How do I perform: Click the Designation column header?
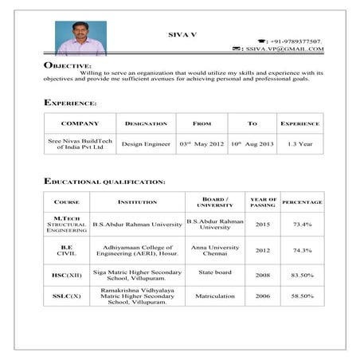coord(147,123)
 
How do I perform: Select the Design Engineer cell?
coord(147,144)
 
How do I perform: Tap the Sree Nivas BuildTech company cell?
coord(80,144)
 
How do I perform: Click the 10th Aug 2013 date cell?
coord(252,144)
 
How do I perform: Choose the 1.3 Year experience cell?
coord(299,144)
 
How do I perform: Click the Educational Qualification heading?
coord(105,182)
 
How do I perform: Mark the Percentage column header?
coord(302,202)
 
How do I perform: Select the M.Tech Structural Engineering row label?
coord(66,224)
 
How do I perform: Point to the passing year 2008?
coord(263,276)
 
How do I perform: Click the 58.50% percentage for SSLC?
coord(302,296)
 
